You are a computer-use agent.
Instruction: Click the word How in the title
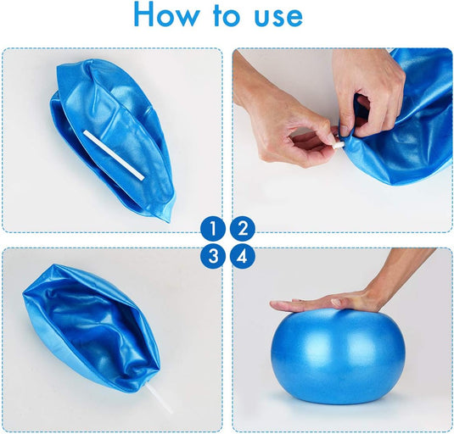pos(166,15)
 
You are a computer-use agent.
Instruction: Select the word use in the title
pos(278,18)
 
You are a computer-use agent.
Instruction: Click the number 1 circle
pos(213,228)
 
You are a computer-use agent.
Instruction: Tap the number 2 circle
pos(243,228)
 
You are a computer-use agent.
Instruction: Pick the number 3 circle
pos(213,256)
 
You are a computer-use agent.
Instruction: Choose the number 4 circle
pos(243,256)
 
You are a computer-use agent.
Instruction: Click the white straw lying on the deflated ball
pos(114,155)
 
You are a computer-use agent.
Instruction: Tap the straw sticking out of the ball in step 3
pos(161,398)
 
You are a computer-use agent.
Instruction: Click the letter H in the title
pos(144,15)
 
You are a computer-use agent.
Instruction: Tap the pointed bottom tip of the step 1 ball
pos(169,221)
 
